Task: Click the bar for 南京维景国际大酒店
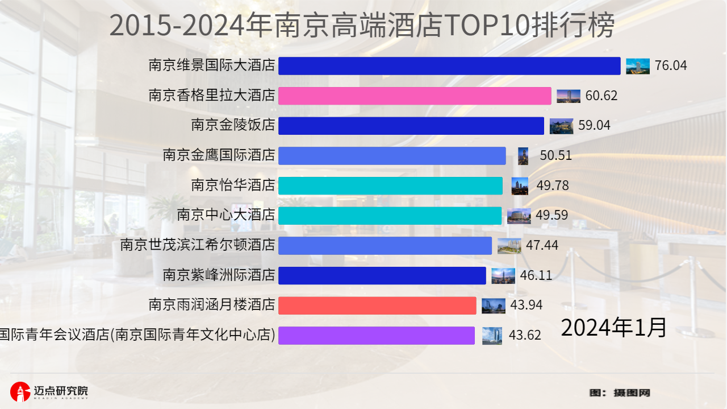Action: (x=449, y=66)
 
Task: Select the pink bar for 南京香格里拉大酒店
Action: (x=415, y=96)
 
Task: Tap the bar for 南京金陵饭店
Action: (x=411, y=126)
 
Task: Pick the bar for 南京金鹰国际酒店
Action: (x=392, y=156)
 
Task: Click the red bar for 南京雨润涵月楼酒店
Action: (x=377, y=305)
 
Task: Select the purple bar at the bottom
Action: (x=376, y=336)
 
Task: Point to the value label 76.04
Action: (x=671, y=66)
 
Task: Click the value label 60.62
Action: (x=601, y=96)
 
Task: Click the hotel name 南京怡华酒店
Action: (x=233, y=185)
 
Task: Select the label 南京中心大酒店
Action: (x=226, y=215)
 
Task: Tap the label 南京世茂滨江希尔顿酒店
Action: (x=198, y=245)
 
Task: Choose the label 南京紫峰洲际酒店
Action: (x=219, y=275)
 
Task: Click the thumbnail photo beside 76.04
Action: (x=638, y=66)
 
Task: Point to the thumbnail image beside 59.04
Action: (x=561, y=126)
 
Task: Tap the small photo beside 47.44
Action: (x=509, y=246)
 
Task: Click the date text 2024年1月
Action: (x=613, y=328)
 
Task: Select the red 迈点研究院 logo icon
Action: (x=20, y=391)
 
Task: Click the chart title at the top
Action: (x=362, y=26)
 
